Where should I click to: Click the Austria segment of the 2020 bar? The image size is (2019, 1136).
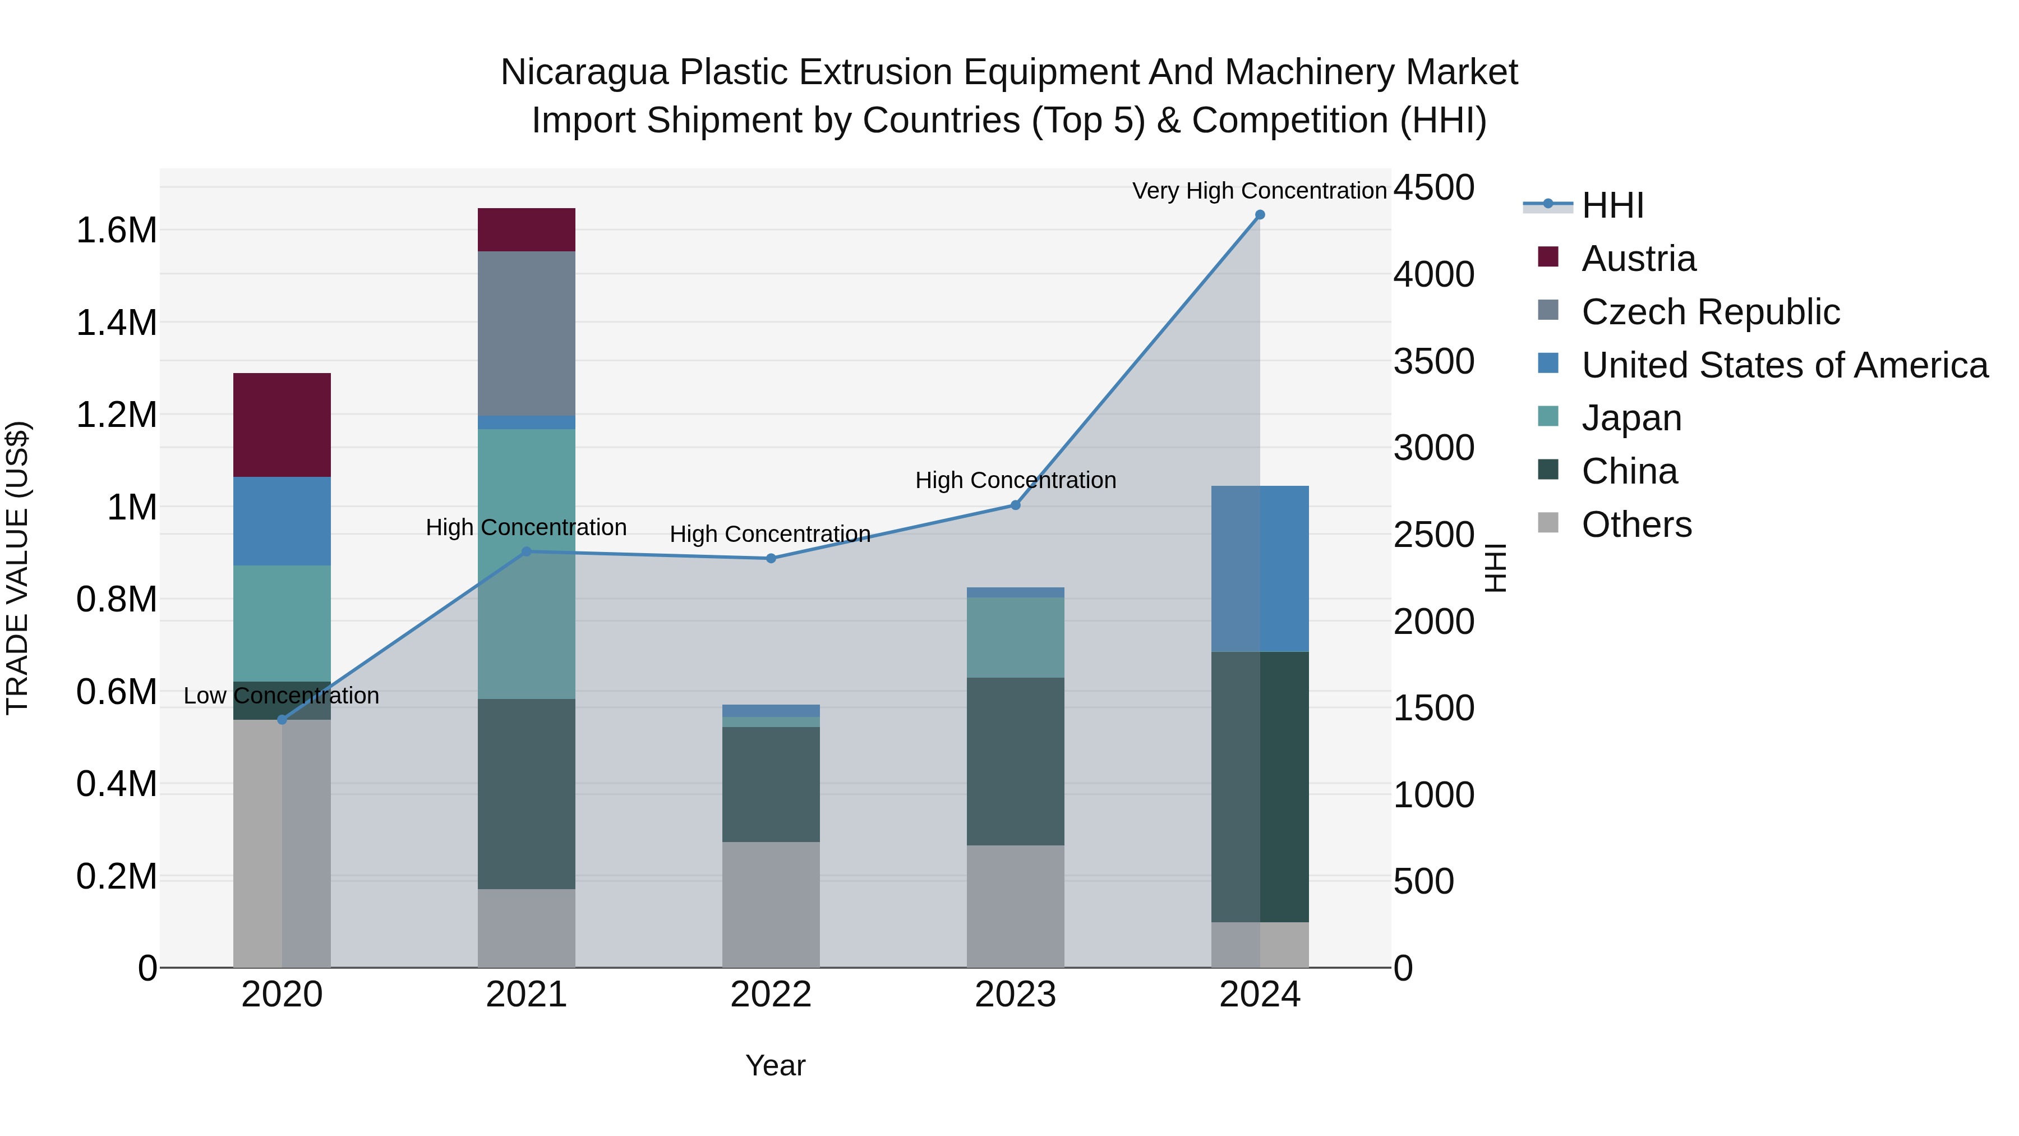pyautogui.click(x=282, y=425)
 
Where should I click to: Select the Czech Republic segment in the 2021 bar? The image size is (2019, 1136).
pyautogui.click(x=527, y=333)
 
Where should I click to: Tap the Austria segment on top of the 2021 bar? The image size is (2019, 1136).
pyautogui.click(x=527, y=229)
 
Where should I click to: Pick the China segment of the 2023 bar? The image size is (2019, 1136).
pyautogui.click(x=1016, y=761)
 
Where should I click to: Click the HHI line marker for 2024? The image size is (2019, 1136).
pyautogui.click(x=1260, y=215)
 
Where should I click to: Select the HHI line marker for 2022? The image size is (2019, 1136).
pyautogui.click(x=771, y=558)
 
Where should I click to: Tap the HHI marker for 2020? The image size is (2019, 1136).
pyautogui.click(x=282, y=720)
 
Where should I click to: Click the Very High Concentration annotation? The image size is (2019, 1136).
pyautogui.click(x=1260, y=191)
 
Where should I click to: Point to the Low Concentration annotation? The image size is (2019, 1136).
pyautogui.click(x=282, y=696)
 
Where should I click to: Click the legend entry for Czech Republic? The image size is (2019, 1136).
pyautogui.click(x=1710, y=312)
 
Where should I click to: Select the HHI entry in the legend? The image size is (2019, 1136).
pyautogui.click(x=1612, y=205)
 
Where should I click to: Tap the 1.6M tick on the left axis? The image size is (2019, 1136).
pyautogui.click(x=116, y=231)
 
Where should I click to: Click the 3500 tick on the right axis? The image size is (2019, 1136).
pyautogui.click(x=1434, y=361)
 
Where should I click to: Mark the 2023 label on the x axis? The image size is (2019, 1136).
pyautogui.click(x=1016, y=995)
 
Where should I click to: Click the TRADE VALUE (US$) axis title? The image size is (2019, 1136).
pyautogui.click(x=17, y=568)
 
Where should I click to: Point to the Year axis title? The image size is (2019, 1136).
pyautogui.click(x=775, y=1065)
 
